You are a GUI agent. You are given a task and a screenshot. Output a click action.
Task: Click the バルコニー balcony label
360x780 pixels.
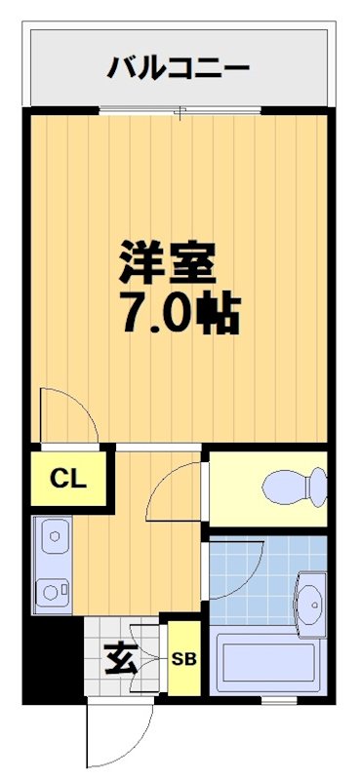coord(180,68)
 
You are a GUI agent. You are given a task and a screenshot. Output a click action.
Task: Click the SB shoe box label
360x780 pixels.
coord(183,659)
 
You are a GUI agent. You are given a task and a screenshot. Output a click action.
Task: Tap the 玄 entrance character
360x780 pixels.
coord(121,661)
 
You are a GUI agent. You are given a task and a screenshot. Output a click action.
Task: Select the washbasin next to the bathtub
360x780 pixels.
coord(311,602)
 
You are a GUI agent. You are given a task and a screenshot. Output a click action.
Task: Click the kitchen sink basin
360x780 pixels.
coord(53,536)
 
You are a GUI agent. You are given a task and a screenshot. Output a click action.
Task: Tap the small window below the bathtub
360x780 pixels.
coord(277,701)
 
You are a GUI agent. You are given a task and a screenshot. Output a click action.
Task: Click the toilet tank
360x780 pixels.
coord(317,485)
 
